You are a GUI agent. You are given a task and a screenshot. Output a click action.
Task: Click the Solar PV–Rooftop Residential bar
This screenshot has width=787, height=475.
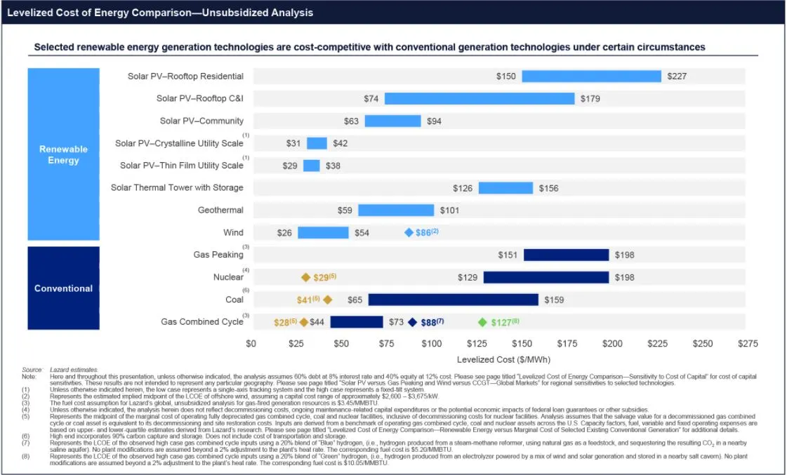(x=591, y=76)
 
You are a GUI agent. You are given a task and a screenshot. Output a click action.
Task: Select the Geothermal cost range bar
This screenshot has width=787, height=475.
(x=396, y=210)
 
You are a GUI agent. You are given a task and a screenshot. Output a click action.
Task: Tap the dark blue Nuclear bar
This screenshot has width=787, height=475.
(x=545, y=277)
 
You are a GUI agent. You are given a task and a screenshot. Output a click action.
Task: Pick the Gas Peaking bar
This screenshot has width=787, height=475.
(x=566, y=255)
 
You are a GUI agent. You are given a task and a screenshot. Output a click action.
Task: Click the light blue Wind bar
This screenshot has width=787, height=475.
(x=323, y=232)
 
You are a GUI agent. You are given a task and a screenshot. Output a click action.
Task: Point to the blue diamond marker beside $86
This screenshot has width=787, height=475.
(x=409, y=232)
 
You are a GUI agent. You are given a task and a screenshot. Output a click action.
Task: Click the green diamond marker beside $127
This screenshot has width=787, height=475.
(x=482, y=322)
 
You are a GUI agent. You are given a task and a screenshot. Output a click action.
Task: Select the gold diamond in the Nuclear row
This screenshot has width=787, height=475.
(x=305, y=277)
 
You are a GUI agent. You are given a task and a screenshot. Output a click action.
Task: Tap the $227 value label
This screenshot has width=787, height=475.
(x=677, y=76)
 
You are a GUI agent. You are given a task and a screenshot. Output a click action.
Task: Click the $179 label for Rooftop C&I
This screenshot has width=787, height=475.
(x=590, y=98)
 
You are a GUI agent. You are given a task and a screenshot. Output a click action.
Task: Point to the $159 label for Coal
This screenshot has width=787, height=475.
(x=554, y=300)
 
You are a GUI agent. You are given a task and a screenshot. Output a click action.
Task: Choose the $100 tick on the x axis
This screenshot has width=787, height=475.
(x=431, y=344)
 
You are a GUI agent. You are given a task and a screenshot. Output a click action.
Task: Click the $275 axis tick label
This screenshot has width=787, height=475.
(x=748, y=344)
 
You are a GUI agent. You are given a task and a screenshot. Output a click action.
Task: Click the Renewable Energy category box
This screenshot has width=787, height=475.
(x=63, y=154)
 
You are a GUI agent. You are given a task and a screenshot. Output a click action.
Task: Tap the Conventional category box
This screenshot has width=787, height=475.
(x=63, y=288)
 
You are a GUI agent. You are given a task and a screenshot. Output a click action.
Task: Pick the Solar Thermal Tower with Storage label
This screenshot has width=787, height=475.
(x=177, y=187)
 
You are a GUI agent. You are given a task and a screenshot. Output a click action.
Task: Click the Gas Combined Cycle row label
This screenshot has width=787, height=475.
(x=202, y=322)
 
